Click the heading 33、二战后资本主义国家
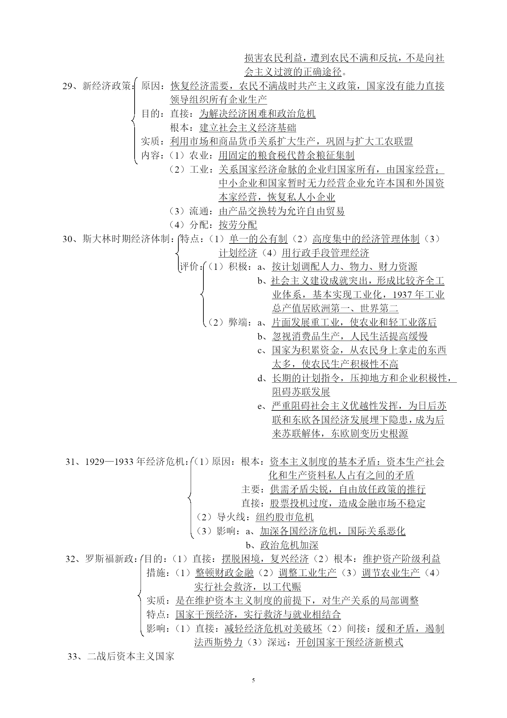pyautogui.click(x=121, y=656)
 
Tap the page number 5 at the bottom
pyautogui.click(x=253, y=681)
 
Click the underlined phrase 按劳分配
pyautogui.click(x=238, y=225)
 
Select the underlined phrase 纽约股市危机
pyautogui.click(x=285, y=517)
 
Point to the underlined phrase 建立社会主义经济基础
pyautogui.click(x=247, y=128)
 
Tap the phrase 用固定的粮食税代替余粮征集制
pyautogui.click(x=287, y=156)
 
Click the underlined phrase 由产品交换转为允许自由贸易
pyautogui.click(x=282, y=211)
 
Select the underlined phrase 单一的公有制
pyautogui.click(x=259, y=239)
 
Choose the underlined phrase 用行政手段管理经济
pyautogui.click(x=325, y=253)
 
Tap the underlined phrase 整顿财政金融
pyautogui.click(x=224, y=573)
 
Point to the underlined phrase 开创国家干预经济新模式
pyautogui.click(x=350, y=642)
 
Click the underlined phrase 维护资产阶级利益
pyautogui.click(x=401, y=559)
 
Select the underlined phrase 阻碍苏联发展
pyautogui.click(x=301, y=392)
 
